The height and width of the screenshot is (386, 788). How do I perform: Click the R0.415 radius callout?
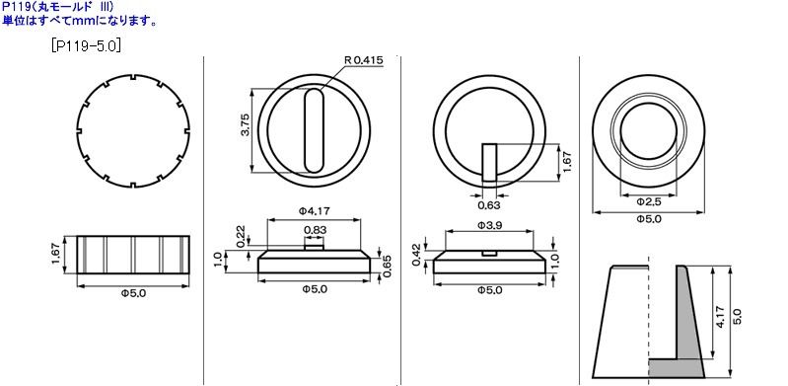[x=364, y=60]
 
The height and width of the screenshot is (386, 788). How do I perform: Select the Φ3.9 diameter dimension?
[x=490, y=225]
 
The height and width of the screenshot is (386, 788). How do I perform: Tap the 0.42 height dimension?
[x=416, y=253]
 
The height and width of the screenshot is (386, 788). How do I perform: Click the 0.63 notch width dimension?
[x=488, y=205]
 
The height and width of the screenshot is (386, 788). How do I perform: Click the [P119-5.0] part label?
[x=85, y=45]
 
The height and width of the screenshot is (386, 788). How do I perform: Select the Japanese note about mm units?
[x=79, y=20]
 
